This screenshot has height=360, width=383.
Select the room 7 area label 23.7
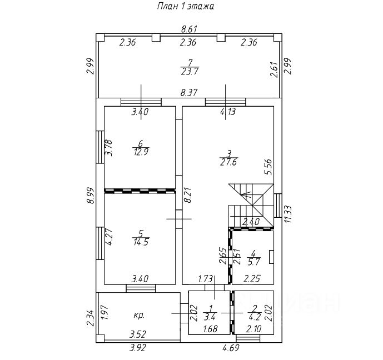(x=190, y=71)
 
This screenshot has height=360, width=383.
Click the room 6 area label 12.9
(x=140, y=151)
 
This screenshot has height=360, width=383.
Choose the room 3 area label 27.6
(x=228, y=162)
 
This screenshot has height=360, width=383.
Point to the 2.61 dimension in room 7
(x=273, y=69)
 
